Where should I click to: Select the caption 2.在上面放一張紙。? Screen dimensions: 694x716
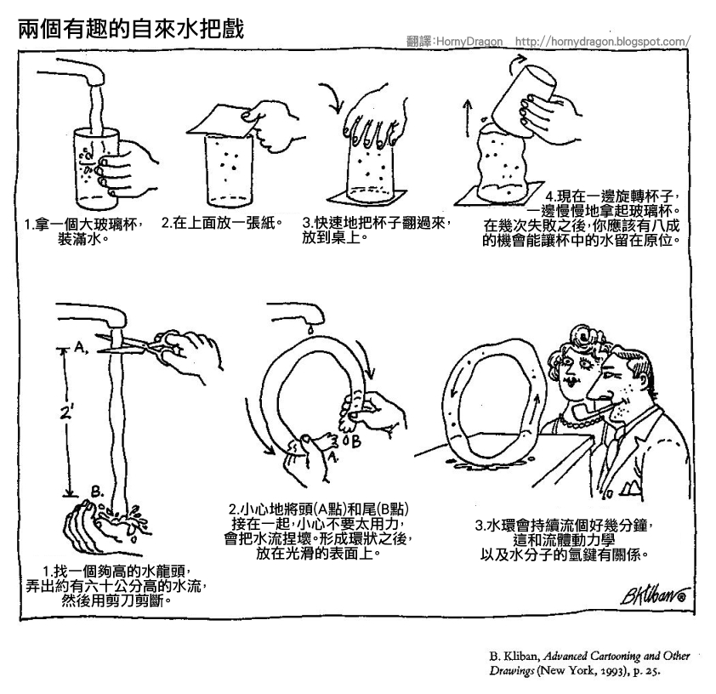click(x=221, y=225)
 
